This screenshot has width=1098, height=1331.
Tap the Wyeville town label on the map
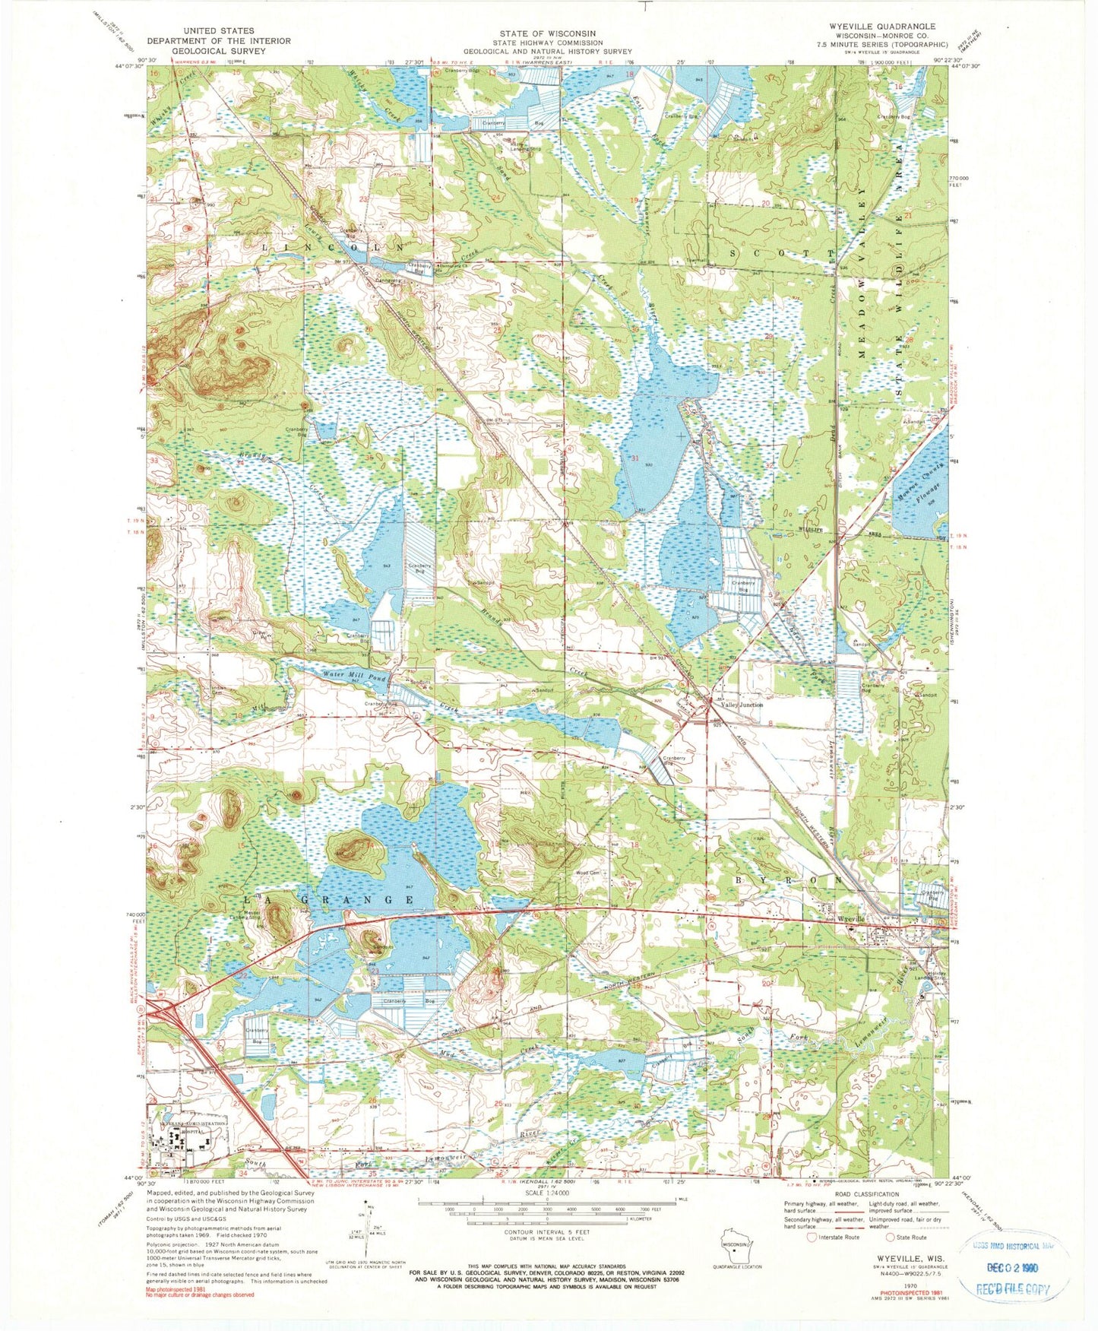click(851, 919)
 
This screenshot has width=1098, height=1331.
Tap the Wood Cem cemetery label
click(589, 873)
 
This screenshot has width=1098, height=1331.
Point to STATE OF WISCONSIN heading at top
click(549, 33)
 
